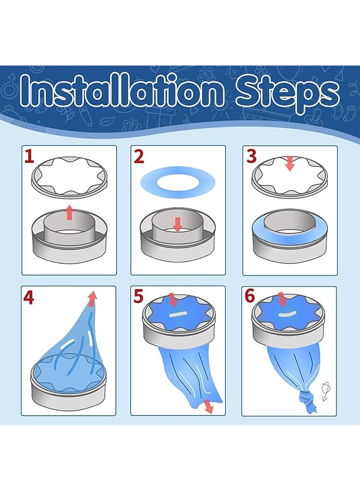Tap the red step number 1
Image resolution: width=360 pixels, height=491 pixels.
click(29, 156)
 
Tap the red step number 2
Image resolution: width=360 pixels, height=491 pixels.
click(139, 156)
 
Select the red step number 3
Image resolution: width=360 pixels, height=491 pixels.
click(251, 156)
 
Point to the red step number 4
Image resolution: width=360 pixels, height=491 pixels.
click(28, 297)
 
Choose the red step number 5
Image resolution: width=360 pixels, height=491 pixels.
click(138, 296)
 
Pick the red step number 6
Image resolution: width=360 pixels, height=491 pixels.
click(250, 296)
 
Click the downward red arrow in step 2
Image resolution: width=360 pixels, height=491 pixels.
click(177, 225)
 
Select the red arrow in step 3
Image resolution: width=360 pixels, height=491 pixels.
click(290, 164)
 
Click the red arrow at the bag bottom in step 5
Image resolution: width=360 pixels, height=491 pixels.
click(207, 406)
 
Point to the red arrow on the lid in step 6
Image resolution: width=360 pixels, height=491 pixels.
click(282, 299)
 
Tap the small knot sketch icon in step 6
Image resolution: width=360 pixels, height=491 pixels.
click(325, 391)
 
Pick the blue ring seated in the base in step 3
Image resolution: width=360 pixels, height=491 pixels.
click(290, 232)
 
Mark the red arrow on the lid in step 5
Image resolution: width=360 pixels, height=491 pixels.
click(173, 300)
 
